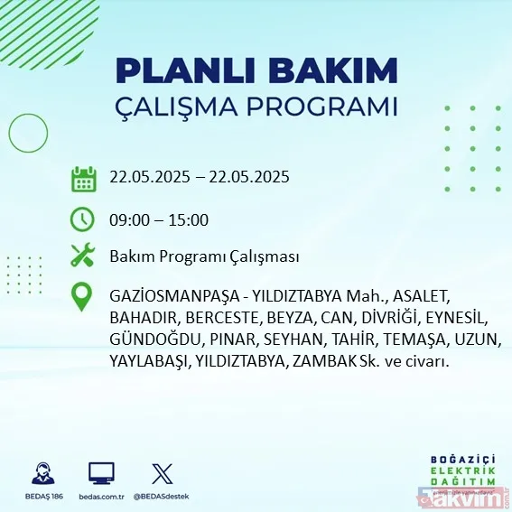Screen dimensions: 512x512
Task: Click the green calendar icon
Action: click(83, 179)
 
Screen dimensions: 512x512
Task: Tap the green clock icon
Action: click(83, 219)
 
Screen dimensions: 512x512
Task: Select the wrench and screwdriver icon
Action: click(83, 256)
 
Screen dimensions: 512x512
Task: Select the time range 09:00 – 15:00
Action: click(159, 219)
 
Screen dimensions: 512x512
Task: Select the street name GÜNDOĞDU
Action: click(144, 340)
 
